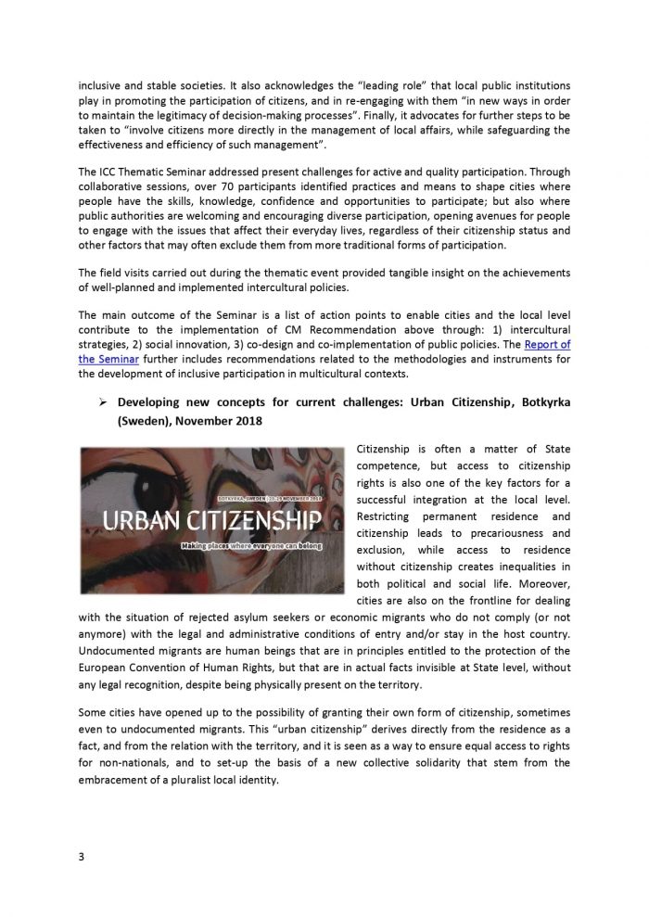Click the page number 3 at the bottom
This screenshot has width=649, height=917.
tap(81, 856)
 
